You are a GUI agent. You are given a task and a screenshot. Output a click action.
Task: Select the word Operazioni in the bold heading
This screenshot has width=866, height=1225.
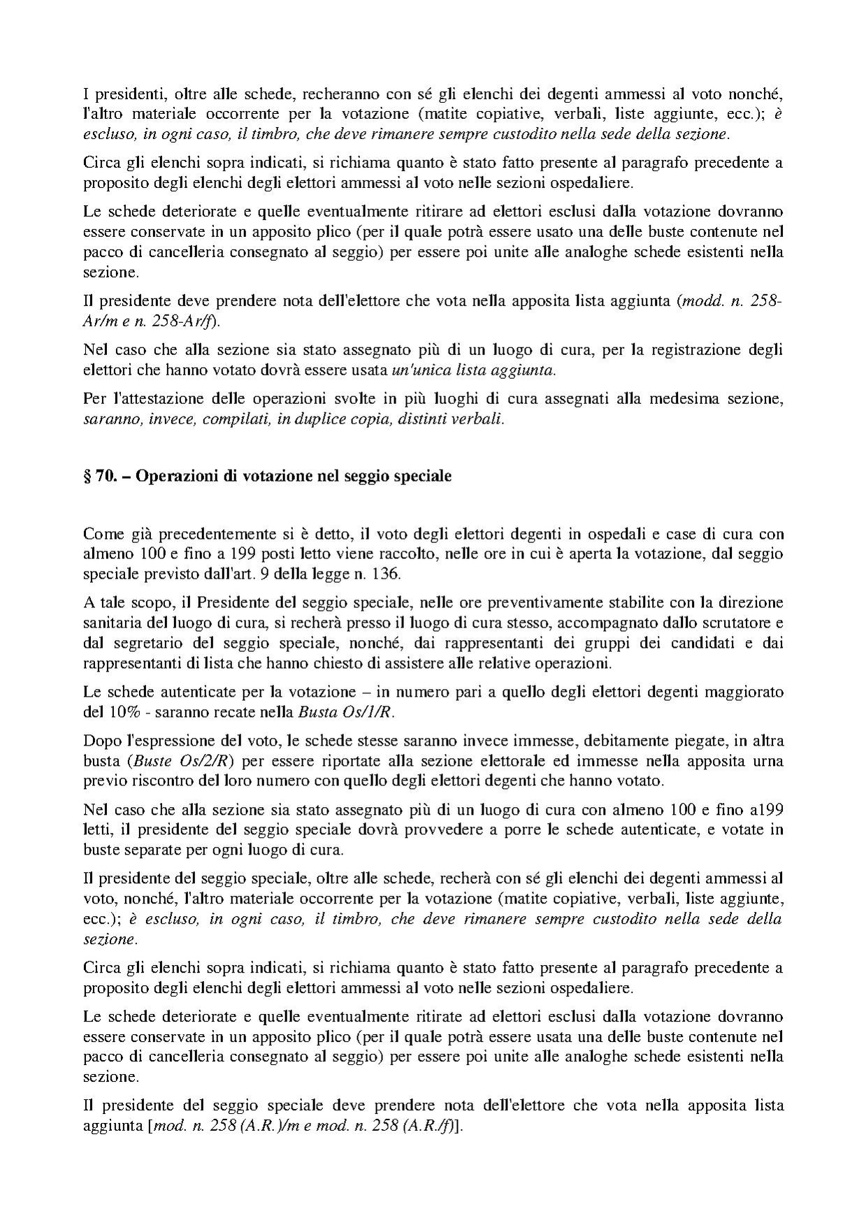pyautogui.click(x=174, y=477)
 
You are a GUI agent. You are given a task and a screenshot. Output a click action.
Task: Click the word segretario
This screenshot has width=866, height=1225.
pyautogui.click(x=139, y=642)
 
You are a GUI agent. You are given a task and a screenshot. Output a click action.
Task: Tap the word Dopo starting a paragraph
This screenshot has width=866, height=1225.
pyautogui.click(x=102, y=740)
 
